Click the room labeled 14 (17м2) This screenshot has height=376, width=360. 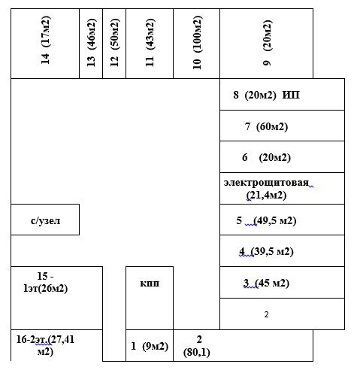[46, 40]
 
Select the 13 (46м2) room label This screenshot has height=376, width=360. [91, 43]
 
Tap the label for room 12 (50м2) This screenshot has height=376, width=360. [114, 43]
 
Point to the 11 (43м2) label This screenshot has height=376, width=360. [150, 43]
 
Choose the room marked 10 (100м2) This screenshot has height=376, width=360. [197, 43]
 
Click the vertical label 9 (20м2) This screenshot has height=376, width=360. [268, 43]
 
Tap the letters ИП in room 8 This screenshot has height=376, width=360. [291, 95]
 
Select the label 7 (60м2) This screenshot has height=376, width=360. [266, 126]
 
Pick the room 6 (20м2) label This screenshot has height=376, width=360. [266, 158]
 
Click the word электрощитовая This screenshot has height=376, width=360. [266, 183]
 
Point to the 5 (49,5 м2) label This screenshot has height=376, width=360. [266, 221]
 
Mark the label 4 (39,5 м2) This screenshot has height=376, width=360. [266, 252]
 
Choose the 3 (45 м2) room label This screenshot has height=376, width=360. [266, 284]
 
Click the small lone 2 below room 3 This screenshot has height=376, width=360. [266, 314]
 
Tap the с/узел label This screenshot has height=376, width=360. [45, 220]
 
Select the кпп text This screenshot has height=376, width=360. [150, 284]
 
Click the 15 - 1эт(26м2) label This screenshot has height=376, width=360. [45, 282]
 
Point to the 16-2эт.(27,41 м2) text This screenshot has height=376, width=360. [45, 345]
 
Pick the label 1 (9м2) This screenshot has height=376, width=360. [150, 347]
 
